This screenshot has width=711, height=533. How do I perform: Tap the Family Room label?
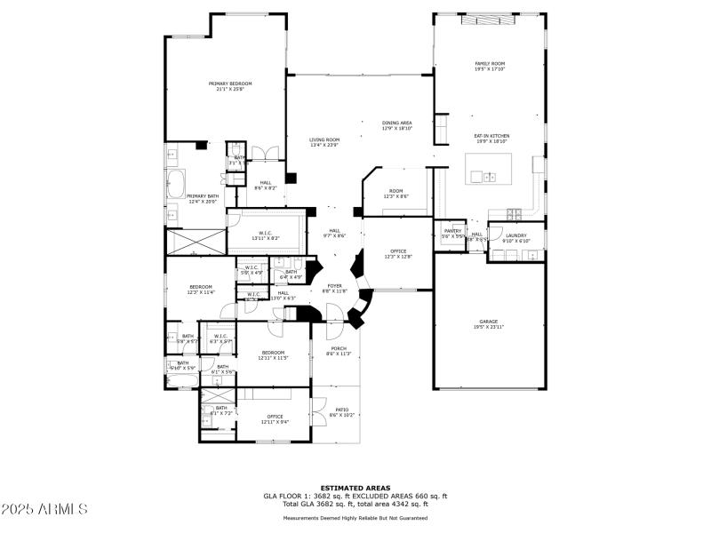pos(490,66)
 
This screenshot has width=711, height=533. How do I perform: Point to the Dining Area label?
pos(396,125)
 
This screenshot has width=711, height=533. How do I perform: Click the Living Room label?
pos(324,142)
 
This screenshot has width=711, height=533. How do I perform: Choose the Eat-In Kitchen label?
pos(491,138)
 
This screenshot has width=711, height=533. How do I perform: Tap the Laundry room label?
pos(516,237)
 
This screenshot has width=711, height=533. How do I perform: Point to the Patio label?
pos(341,412)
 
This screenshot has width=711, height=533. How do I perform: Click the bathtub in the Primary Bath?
pos(175,185)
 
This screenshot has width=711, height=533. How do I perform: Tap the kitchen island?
pos(490,167)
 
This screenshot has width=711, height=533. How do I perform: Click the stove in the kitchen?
pos(515,212)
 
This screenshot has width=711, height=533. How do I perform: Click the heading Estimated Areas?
pos(355,487)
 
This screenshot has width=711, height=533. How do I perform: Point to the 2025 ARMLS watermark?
pos(44,508)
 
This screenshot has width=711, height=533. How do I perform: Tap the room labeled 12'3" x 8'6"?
pos(396,194)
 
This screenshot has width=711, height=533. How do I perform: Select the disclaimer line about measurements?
pos(355,518)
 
